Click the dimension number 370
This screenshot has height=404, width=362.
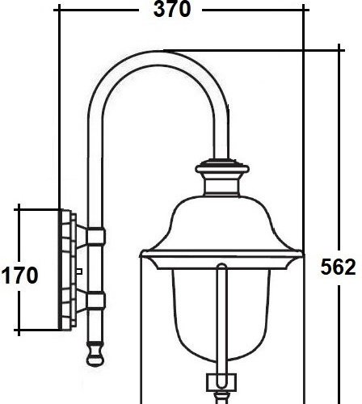tap(172, 11)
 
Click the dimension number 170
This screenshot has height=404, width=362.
tap(19, 276)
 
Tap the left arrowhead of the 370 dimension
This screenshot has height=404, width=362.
tap(65, 11)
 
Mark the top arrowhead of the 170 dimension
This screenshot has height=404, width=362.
tap(17, 210)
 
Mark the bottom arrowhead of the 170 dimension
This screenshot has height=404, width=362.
tap(17, 329)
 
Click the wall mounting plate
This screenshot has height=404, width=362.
tap(67, 270)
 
